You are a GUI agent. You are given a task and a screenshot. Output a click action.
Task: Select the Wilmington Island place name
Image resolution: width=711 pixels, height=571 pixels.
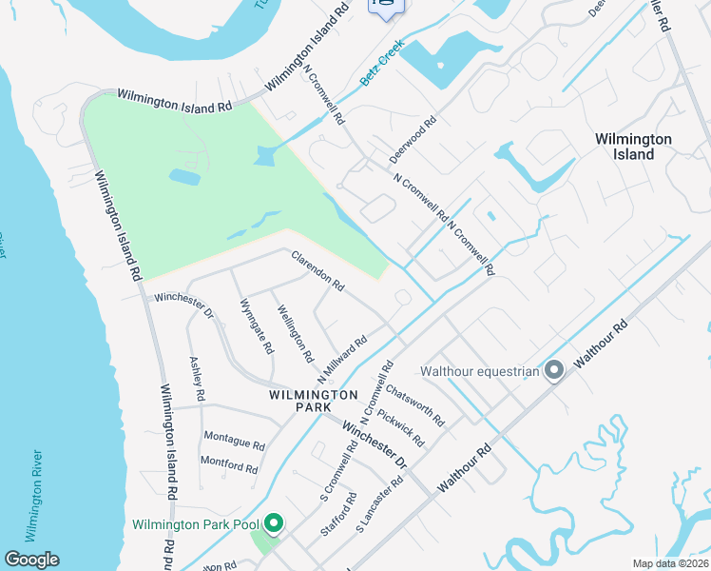[633, 147]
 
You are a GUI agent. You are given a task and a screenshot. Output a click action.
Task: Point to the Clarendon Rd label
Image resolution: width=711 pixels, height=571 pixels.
[317, 270]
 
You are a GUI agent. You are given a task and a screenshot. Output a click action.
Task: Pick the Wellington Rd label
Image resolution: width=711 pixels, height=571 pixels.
[295, 333]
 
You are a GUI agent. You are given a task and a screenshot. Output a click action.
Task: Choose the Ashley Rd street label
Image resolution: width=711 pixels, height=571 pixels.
[198, 378]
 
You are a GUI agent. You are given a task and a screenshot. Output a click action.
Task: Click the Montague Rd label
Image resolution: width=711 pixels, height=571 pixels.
[233, 443]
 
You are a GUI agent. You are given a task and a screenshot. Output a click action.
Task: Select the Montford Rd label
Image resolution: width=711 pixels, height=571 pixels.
[229, 468]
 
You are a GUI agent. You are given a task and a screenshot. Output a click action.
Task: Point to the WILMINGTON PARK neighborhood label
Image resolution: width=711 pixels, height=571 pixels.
[313, 401]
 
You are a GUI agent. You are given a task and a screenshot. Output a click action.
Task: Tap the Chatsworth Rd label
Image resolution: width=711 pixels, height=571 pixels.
[415, 404]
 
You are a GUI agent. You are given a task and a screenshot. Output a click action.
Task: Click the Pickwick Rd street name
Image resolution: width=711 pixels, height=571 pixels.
[400, 428]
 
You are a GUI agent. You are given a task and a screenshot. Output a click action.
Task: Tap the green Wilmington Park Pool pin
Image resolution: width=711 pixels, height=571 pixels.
[274, 523]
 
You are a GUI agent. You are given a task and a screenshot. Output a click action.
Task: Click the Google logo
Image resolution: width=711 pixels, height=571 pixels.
[31, 560]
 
